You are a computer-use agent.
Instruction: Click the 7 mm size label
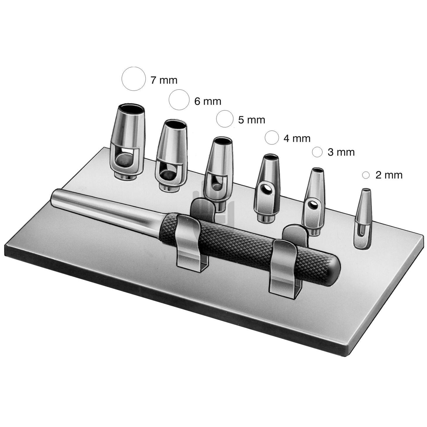click(x=164, y=80)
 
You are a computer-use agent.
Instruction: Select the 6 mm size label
click(x=208, y=101)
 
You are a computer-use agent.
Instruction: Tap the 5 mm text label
click(x=252, y=120)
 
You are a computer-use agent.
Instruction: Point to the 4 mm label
click(x=297, y=139)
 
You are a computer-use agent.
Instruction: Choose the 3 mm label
click(x=341, y=152)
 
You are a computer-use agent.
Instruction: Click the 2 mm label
click(x=389, y=175)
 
